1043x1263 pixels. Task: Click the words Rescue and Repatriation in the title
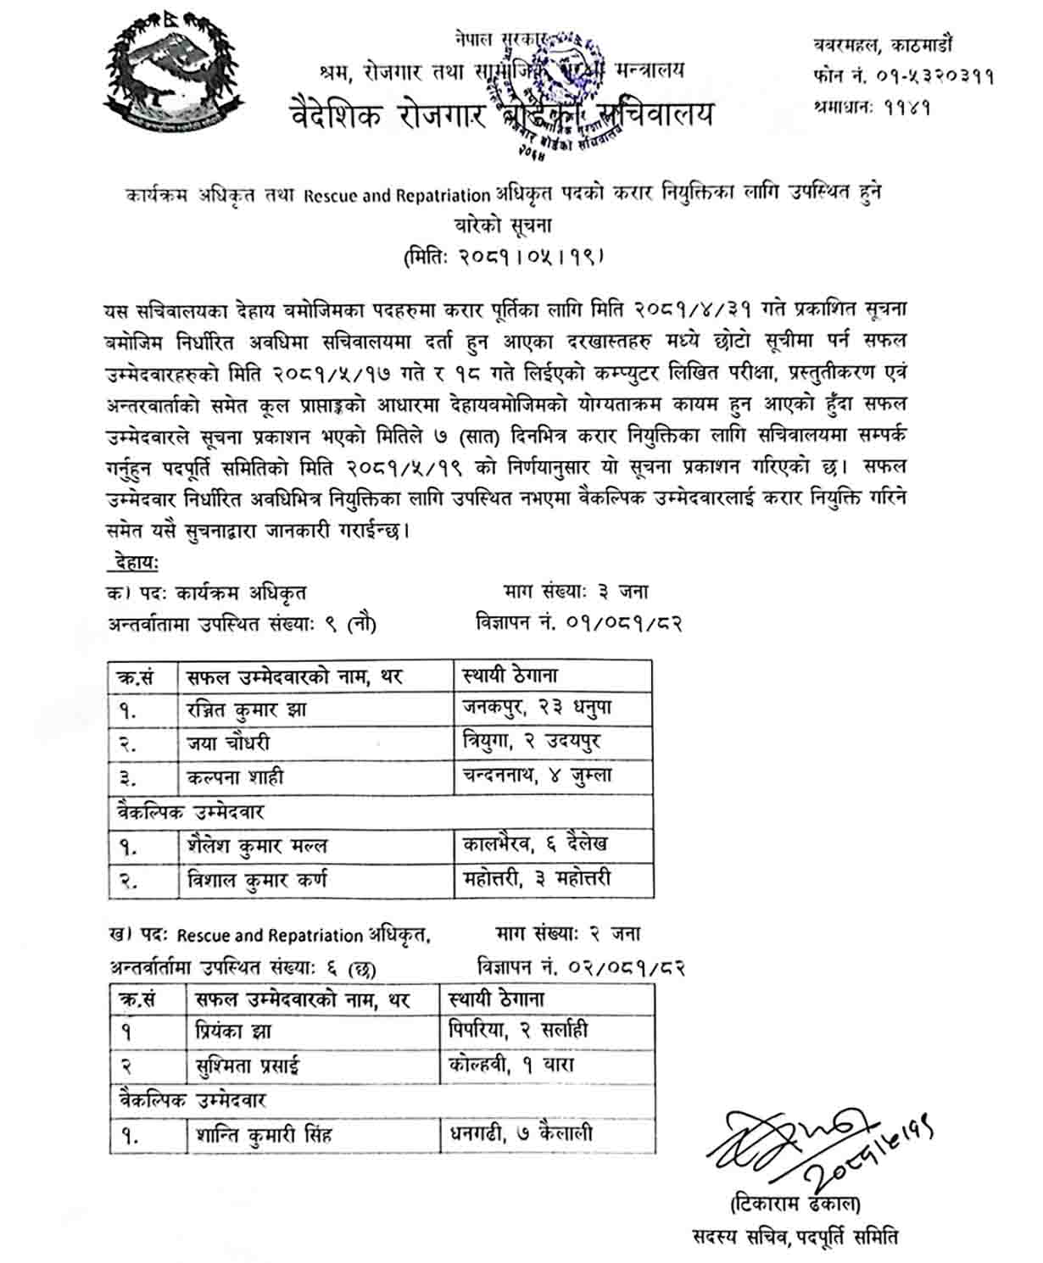point(397,196)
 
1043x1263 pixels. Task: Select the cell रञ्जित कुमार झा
point(247,709)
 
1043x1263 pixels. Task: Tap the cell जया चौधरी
point(228,743)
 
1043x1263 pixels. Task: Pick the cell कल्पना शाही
point(235,776)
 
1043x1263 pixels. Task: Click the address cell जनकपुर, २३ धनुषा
point(537,708)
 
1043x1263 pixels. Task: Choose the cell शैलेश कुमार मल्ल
point(257,846)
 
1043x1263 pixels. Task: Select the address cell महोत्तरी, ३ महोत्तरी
point(537,879)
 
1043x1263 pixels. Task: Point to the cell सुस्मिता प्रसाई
point(247,1065)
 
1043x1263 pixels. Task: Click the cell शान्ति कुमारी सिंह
point(263,1134)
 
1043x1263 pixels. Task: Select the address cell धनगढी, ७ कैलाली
point(521,1133)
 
